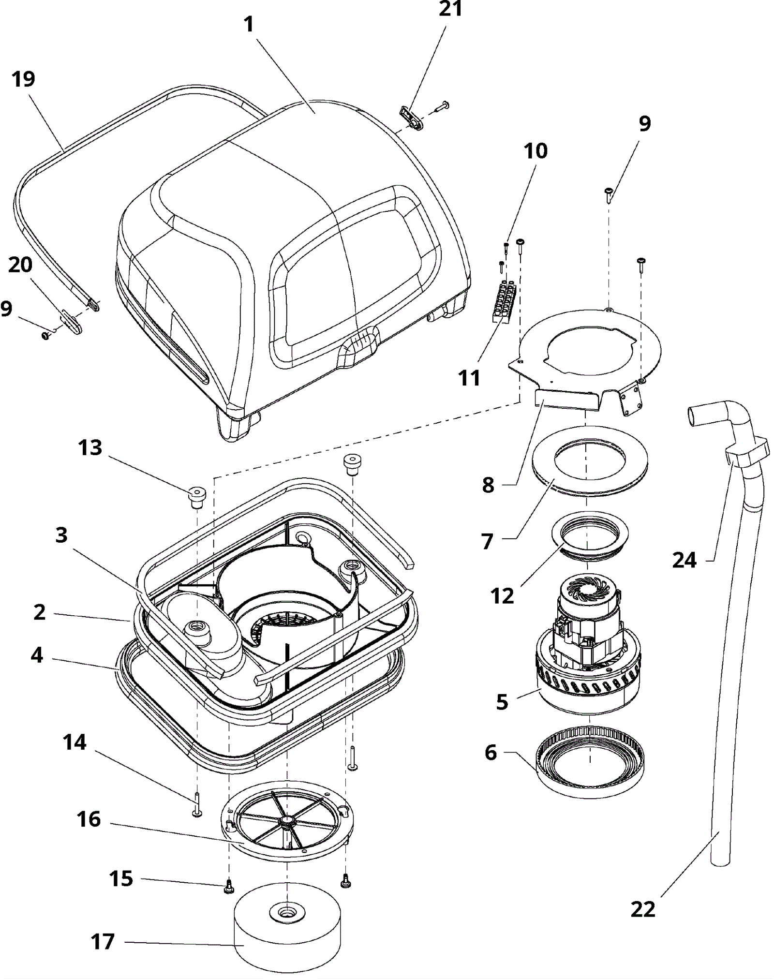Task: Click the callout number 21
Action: point(450,9)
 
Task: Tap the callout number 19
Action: point(24,79)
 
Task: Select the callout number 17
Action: point(103,942)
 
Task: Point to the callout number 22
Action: point(643,909)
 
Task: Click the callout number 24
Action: point(685,560)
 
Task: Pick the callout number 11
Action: point(469,378)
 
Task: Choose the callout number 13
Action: point(90,448)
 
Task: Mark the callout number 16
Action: point(89,819)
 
